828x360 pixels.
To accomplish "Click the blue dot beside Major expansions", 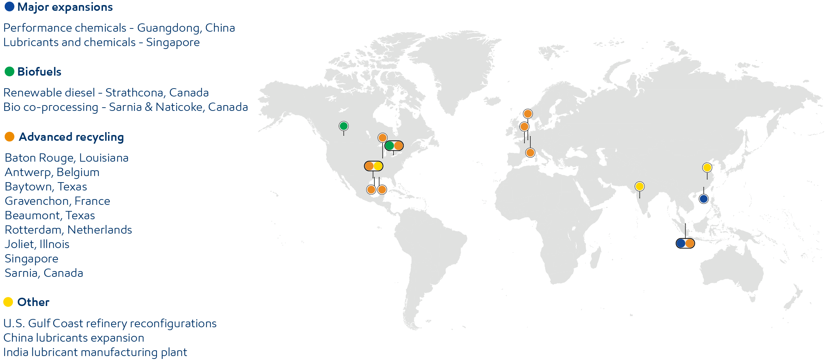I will click(x=9, y=6).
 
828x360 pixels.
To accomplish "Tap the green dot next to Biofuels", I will click(x=9, y=71).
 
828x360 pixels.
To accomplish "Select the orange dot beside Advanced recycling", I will click(x=9, y=137).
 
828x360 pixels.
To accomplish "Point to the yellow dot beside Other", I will click(x=8, y=302).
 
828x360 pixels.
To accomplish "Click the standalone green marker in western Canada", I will click(x=343, y=126).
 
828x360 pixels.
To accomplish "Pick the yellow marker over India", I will click(x=639, y=186).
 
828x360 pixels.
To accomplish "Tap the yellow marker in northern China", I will click(x=707, y=167).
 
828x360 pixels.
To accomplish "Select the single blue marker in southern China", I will click(x=703, y=199).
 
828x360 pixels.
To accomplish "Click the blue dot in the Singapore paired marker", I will click(x=681, y=243).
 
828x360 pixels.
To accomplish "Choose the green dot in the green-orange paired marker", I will click(x=390, y=146).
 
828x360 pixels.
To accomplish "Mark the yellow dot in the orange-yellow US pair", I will click(x=378, y=166).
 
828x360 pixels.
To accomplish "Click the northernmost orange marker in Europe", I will click(x=528, y=114).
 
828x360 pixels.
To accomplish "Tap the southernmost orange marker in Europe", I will click(x=530, y=153).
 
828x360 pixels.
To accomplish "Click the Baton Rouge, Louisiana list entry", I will click(x=67, y=158).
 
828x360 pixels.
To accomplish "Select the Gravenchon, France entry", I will click(x=57, y=201).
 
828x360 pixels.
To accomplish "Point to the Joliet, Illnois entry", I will click(x=37, y=244).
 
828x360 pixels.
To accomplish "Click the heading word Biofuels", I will click(x=39, y=72).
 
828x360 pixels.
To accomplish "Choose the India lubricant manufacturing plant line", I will click(x=95, y=352).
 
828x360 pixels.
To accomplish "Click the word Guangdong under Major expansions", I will click(x=168, y=28).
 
